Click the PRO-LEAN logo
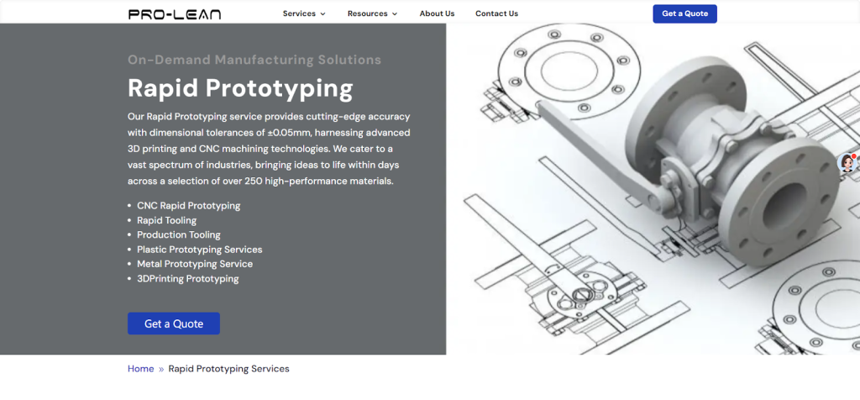[x=175, y=14]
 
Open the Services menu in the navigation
[x=304, y=13]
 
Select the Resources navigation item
[x=372, y=13]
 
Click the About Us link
[x=437, y=13]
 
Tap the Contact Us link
[x=496, y=13]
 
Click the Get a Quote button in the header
[x=684, y=13]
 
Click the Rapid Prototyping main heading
[x=240, y=88]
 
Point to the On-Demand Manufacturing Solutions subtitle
[x=254, y=60]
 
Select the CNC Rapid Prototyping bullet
[x=189, y=206]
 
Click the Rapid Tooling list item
[x=167, y=220]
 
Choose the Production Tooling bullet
[x=179, y=234]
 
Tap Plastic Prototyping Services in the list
[x=200, y=250]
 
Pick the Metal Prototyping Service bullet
[x=195, y=264]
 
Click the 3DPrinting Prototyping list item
[x=188, y=279]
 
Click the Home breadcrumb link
[x=141, y=369]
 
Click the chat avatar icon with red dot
[x=848, y=163]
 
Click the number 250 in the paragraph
[x=254, y=181]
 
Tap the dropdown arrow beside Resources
[x=395, y=14]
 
